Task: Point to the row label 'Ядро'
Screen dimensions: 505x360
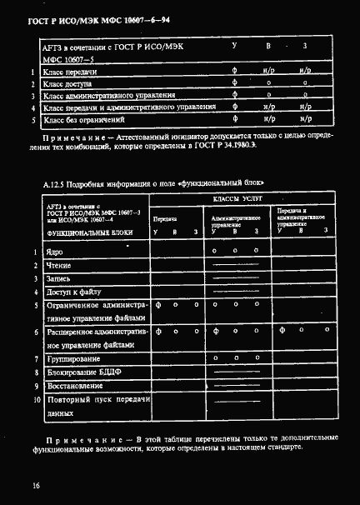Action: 54,251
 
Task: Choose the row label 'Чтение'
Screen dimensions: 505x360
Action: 58,265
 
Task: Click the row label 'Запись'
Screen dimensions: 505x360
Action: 58,278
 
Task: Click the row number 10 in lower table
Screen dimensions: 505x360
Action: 37,400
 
